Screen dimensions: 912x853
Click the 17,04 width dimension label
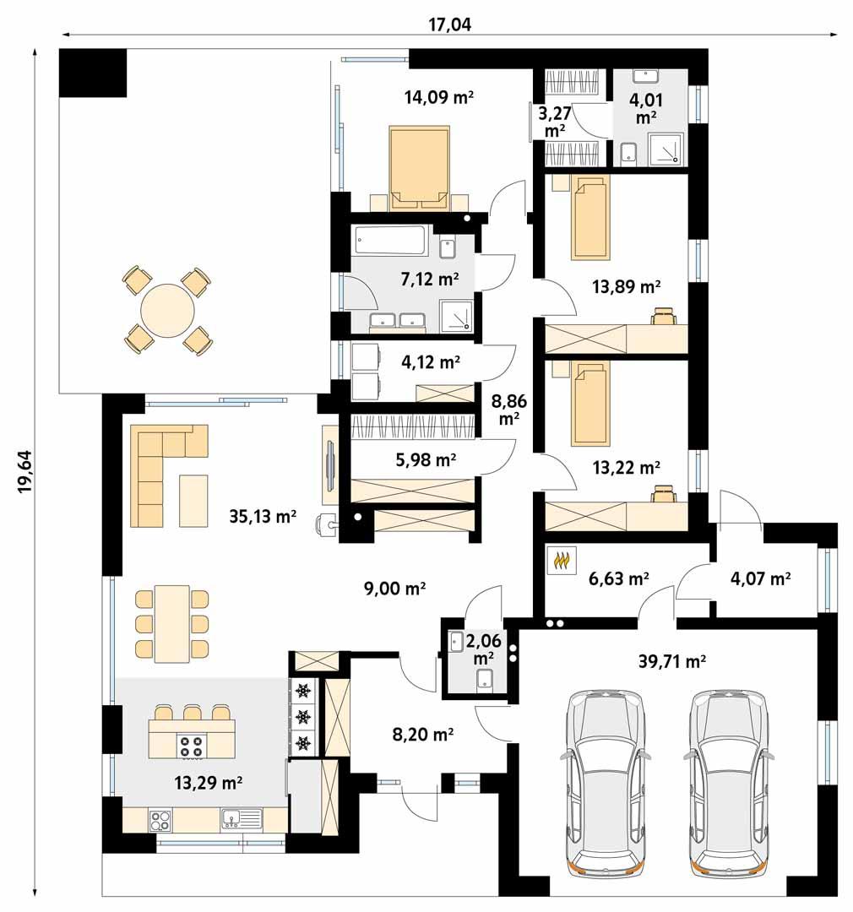click(449, 24)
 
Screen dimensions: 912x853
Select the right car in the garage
click(731, 780)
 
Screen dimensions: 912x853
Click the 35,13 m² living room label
click(263, 517)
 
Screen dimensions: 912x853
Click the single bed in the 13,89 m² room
click(589, 219)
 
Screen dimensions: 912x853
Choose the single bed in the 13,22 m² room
click(589, 404)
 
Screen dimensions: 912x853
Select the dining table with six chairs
click(171, 623)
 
